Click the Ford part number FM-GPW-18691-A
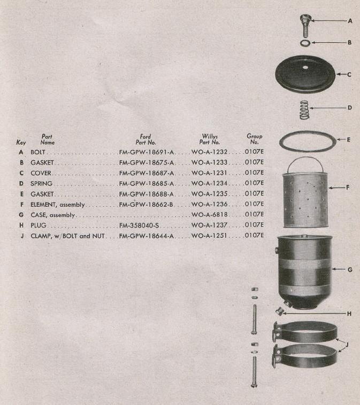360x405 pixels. (x=147, y=152)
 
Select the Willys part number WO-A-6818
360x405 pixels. (x=210, y=215)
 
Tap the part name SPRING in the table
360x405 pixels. (x=41, y=184)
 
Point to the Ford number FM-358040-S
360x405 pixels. (x=139, y=225)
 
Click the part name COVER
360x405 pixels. (x=41, y=173)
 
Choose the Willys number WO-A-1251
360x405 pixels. (x=209, y=236)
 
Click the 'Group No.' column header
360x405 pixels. (x=254, y=139)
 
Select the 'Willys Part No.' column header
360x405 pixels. (x=210, y=139)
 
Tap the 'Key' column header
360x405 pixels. (x=21, y=142)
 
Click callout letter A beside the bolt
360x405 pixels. (x=350, y=21)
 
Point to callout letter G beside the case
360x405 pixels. (x=350, y=270)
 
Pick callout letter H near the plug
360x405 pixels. (x=349, y=314)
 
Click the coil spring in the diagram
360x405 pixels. (x=304, y=110)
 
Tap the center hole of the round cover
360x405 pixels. (x=305, y=67)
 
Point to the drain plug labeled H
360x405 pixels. (x=279, y=311)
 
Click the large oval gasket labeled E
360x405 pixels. (x=308, y=150)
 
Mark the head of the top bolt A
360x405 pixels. (x=305, y=19)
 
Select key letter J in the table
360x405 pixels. (x=22, y=236)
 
